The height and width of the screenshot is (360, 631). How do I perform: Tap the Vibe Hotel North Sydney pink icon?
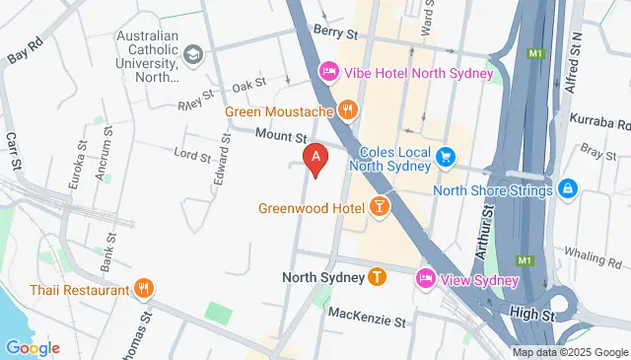[329, 73]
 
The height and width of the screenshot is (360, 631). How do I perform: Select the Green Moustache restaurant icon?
[346, 110]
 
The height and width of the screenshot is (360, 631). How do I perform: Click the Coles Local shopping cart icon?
[446, 156]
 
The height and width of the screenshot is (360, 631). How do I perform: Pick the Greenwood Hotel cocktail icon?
[377, 208]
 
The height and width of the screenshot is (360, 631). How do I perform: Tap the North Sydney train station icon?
[376, 277]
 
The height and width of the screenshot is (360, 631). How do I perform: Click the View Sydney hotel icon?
[426, 280]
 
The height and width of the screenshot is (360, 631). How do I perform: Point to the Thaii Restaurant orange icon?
[144, 290]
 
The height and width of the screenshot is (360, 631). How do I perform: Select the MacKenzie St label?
[367, 321]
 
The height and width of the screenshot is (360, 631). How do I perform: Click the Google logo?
[33, 348]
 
